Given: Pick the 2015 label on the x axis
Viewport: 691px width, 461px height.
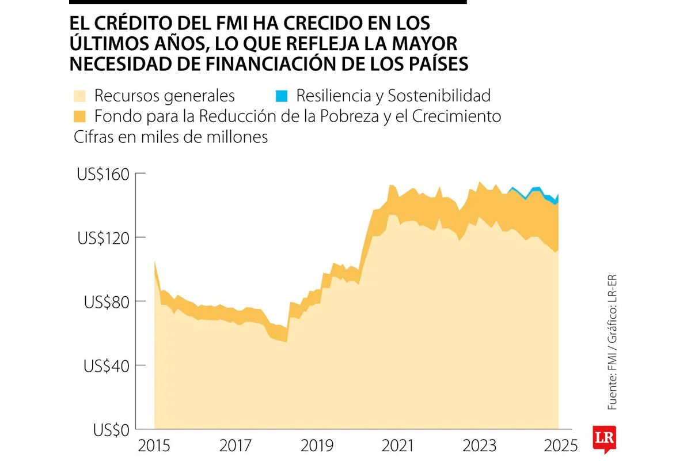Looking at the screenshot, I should point(154,446).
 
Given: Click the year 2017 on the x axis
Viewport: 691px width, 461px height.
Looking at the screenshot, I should point(235,446).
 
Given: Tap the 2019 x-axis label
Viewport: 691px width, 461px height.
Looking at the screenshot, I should point(316,446).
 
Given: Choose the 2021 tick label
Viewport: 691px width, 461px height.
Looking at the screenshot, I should point(397,446).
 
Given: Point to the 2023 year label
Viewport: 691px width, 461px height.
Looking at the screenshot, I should point(479,446).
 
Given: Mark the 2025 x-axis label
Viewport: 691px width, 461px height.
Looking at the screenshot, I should point(559,446).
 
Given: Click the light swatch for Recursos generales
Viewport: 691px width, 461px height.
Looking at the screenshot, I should point(80,95).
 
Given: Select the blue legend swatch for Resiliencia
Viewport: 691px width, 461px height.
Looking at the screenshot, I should point(282,95).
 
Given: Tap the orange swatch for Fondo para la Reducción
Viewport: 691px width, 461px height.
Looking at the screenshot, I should point(80,116).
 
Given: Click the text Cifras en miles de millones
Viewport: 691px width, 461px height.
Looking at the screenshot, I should point(170,137).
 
